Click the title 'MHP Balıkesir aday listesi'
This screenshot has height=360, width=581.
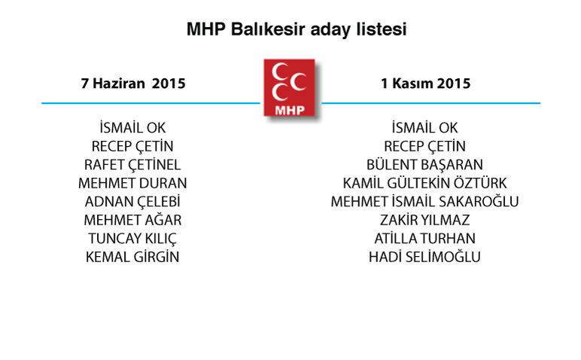(x=297, y=29)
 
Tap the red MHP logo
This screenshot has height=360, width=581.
(x=290, y=88)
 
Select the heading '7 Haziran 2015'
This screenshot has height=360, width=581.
(x=133, y=84)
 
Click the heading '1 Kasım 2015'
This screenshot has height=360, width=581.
(x=425, y=84)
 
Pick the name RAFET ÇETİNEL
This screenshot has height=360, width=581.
(x=132, y=165)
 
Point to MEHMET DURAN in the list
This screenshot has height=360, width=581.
(x=132, y=183)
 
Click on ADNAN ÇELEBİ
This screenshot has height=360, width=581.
(x=132, y=202)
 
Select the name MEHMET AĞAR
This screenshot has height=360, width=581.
(x=132, y=220)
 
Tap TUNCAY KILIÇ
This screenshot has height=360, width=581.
(x=132, y=239)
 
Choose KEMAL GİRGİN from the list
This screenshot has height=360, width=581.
(x=132, y=257)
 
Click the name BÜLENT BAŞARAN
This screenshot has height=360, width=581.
(x=424, y=165)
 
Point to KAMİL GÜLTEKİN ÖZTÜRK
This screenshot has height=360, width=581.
(x=424, y=183)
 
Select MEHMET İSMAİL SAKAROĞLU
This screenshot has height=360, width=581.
(x=424, y=201)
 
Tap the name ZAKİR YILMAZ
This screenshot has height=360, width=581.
(x=424, y=220)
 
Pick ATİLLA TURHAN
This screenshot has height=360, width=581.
(x=424, y=239)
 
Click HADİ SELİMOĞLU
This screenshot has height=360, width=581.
(x=424, y=257)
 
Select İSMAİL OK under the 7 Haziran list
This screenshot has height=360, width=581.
(x=132, y=127)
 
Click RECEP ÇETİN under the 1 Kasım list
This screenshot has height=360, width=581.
(x=424, y=146)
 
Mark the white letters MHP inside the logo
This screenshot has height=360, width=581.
(x=290, y=110)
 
